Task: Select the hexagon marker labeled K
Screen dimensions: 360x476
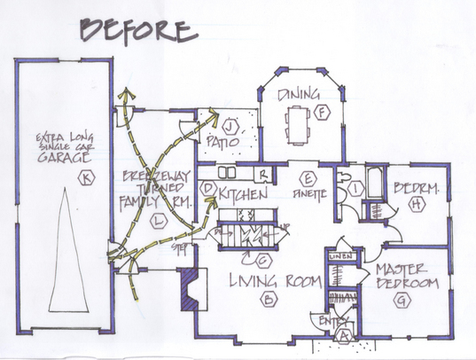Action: pyautogui.click(x=85, y=178)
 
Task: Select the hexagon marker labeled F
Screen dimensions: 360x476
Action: pyautogui.click(x=324, y=113)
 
